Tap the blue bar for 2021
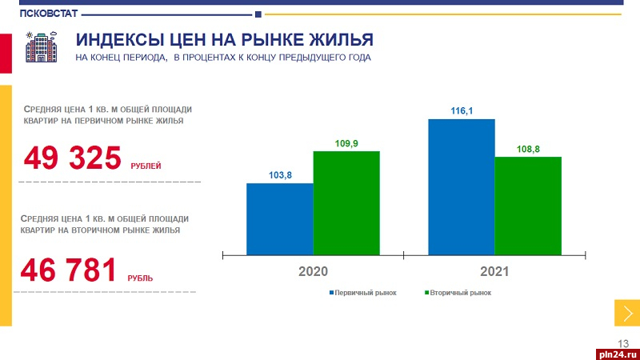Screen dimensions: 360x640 pos(462,187)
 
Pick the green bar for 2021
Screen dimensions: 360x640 pos(528,206)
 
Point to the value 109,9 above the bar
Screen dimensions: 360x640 pos(346,143)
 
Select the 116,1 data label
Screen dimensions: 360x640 pos(462,111)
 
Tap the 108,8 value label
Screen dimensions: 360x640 pos(528,149)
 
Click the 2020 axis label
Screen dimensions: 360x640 pos(313,272)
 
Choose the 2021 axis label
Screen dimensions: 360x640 pos(494,272)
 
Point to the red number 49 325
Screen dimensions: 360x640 pos(72,158)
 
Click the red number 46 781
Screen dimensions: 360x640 pos(69,270)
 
